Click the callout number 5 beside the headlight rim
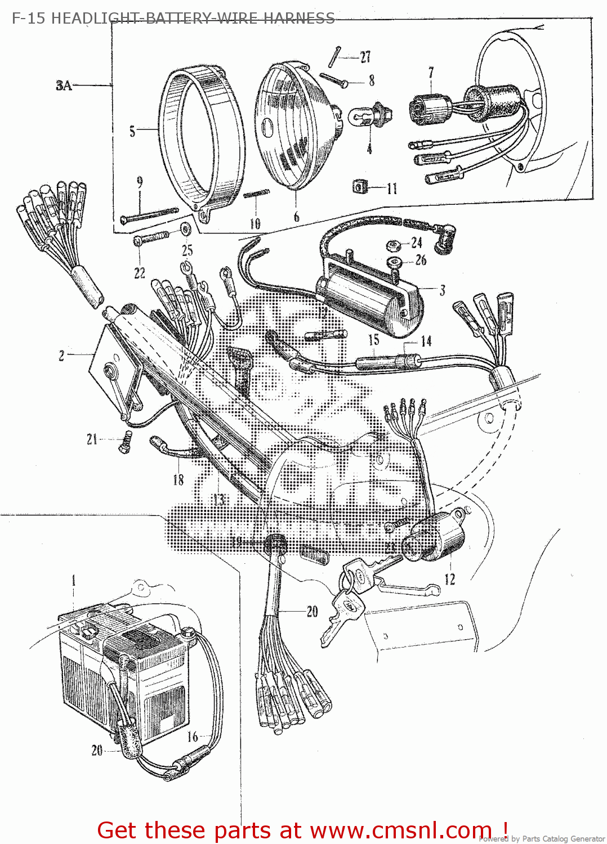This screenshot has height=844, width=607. [x=132, y=131]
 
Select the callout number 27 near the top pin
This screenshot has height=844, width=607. [x=365, y=57]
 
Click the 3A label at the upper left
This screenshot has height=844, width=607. [x=64, y=86]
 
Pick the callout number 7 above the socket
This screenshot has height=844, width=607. [x=431, y=73]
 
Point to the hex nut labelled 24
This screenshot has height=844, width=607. [x=392, y=245]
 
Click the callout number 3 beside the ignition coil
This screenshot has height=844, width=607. [x=443, y=290]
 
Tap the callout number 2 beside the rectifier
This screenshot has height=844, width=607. [x=61, y=355]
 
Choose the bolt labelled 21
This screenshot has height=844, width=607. [x=124, y=442]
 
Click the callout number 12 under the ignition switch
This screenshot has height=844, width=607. [x=450, y=579]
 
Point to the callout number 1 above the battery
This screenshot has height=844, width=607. [x=73, y=580]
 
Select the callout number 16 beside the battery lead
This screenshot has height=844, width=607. [x=193, y=737]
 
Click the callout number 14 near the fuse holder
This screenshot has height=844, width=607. [x=426, y=341]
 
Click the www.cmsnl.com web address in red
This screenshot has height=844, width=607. [x=400, y=830]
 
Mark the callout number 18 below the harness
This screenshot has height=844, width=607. [x=178, y=479]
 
